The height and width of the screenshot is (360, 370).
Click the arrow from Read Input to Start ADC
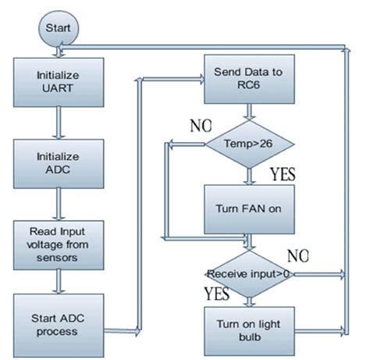pyautogui.click(x=56, y=283)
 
